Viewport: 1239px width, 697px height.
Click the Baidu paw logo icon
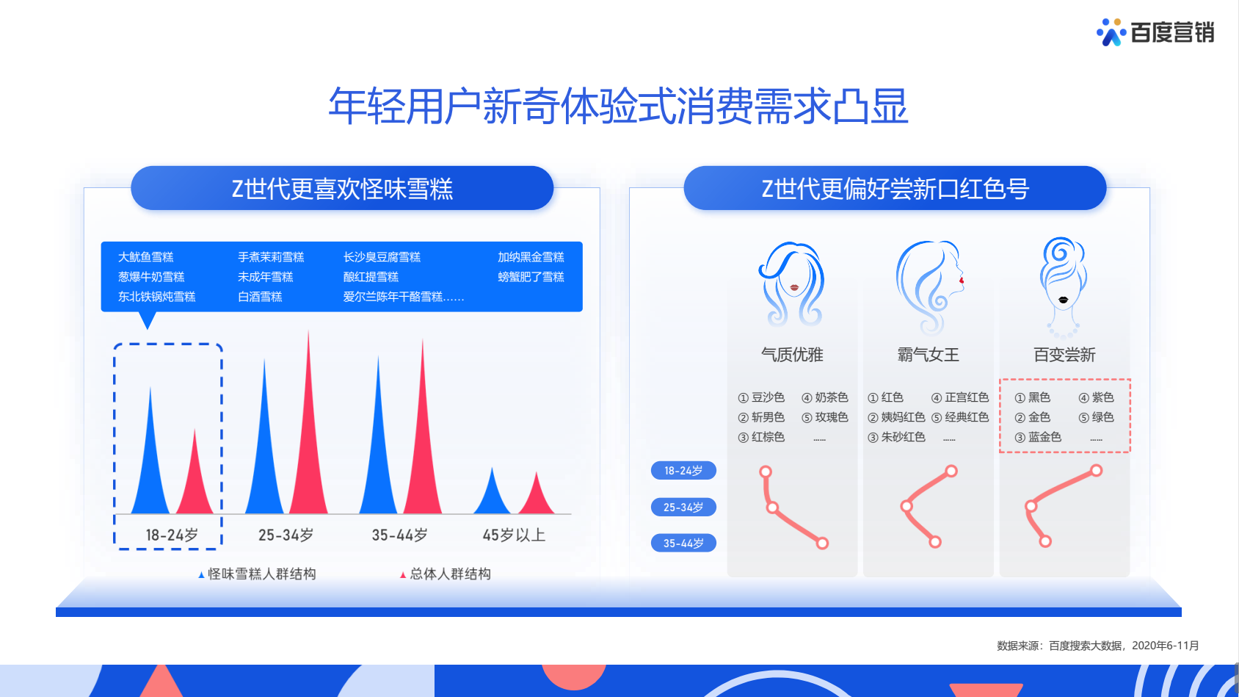1111,32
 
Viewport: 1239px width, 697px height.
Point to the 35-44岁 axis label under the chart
400,535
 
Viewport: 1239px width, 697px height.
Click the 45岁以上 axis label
514,535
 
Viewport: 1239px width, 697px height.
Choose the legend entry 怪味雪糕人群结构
257,574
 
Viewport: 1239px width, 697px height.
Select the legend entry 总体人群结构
445,574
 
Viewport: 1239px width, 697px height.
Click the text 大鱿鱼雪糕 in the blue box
146,257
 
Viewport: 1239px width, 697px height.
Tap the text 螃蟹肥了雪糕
531,277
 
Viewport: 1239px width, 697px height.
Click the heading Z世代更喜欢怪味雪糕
342,189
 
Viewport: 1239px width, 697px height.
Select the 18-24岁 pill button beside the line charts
683,471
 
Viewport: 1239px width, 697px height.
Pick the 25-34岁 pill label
683,507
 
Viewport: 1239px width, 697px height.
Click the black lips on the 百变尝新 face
1063,300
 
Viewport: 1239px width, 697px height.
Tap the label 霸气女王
928,355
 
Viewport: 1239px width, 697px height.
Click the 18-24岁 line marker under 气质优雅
766,472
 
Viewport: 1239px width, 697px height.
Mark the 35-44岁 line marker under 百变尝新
1044,541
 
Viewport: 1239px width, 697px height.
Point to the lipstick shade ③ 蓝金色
1038,437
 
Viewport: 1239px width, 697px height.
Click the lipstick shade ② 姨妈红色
897,417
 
